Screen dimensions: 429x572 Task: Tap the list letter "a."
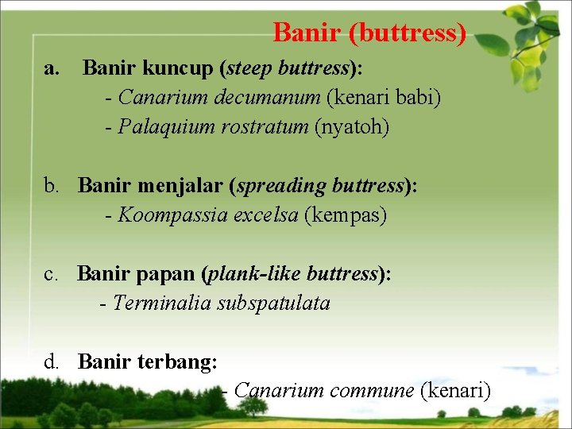click(x=52, y=69)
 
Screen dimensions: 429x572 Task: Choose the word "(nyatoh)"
click(x=352, y=127)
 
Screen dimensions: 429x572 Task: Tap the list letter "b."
click(x=53, y=187)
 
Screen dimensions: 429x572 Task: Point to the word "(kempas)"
click(x=346, y=215)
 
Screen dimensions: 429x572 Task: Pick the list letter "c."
click(x=52, y=274)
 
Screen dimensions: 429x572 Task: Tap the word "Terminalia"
click(x=162, y=303)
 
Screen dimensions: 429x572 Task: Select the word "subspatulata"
click(x=273, y=303)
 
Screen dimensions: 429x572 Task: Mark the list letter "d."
click(x=53, y=362)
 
